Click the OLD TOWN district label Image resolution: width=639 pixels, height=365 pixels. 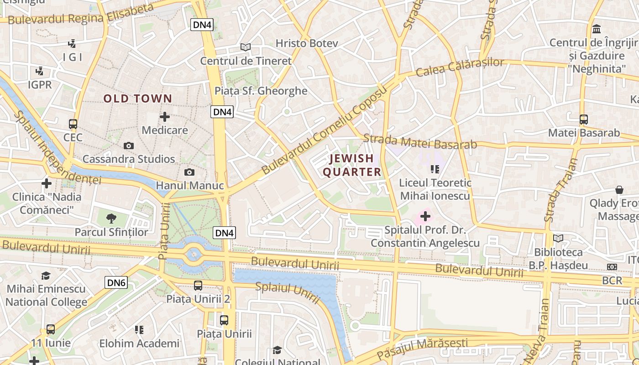pyautogui.click(x=137, y=99)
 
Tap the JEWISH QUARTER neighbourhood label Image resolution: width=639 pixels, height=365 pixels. pyautogui.click(x=351, y=165)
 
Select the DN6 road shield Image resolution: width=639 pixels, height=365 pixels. pyautogui.click(x=116, y=282)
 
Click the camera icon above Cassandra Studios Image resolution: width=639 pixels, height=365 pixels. pyautogui.click(x=129, y=146)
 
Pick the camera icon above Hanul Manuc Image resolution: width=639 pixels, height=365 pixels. pyautogui.click(x=189, y=172)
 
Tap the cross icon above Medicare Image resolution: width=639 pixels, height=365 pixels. pyautogui.click(x=165, y=117)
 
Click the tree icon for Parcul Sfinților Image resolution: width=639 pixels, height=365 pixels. pyautogui.click(x=111, y=219)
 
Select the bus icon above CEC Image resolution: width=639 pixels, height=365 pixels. pyautogui.click(x=73, y=124)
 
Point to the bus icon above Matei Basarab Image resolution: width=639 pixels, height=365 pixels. pyautogui.click(x=583, y=120)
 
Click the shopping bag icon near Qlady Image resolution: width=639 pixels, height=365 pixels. pyautogui.click(x=619, y=189)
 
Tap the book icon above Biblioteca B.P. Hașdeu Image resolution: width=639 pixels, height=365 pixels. pyautogui.click(x=558, y=238)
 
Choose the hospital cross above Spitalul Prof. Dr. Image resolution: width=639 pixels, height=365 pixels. pyautogui.click(x=425, y=216)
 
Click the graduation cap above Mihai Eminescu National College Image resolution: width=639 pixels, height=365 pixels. pyautogui.click(x=46, y=276)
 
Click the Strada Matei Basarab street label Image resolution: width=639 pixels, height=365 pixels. pyautogui.click(x=420, y=141)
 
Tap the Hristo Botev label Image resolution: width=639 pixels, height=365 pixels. pyautogui.click(x=307, y=43)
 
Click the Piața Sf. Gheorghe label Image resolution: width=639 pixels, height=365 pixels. pyautogui.click(x=261, y=91)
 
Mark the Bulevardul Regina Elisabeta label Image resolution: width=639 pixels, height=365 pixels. pyautogui.click(x=81, y=14)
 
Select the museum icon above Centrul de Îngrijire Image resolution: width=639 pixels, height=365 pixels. pyautogui.click(x=596, y=29)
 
